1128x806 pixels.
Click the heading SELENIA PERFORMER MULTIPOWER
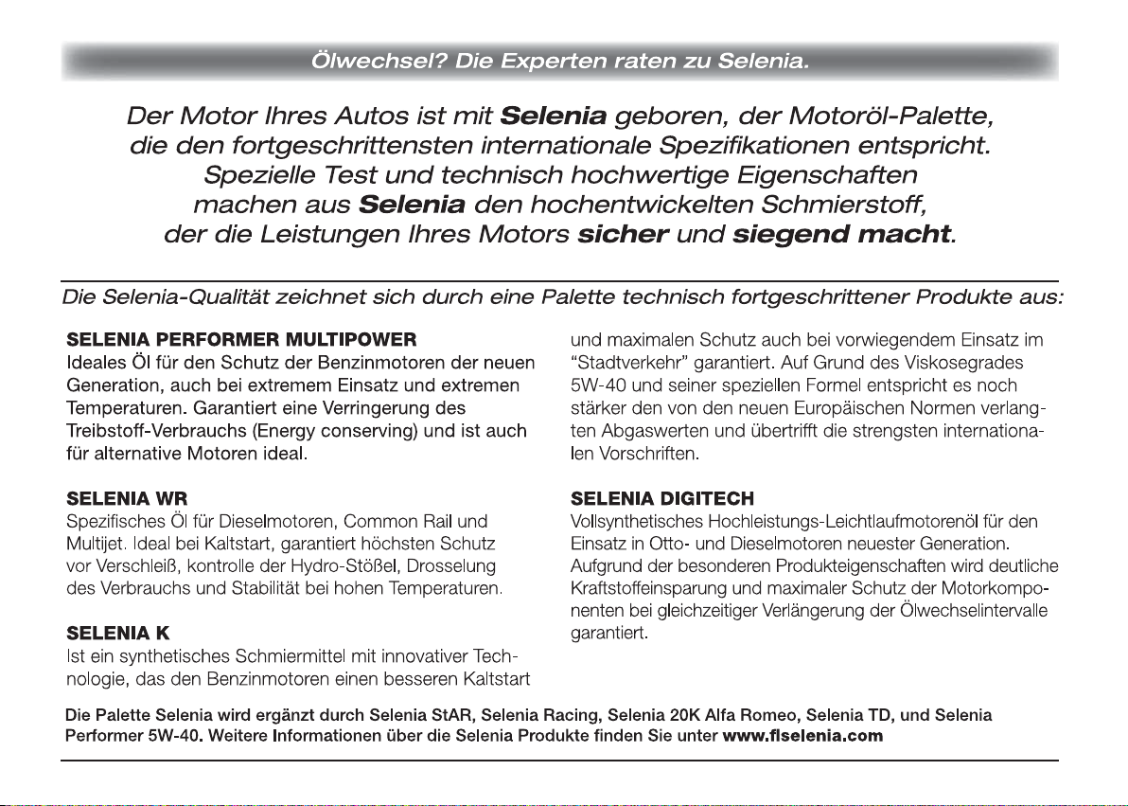coord(242,338)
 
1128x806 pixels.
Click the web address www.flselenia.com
coord(802,735)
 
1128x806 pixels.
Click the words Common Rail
coord(399,520)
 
